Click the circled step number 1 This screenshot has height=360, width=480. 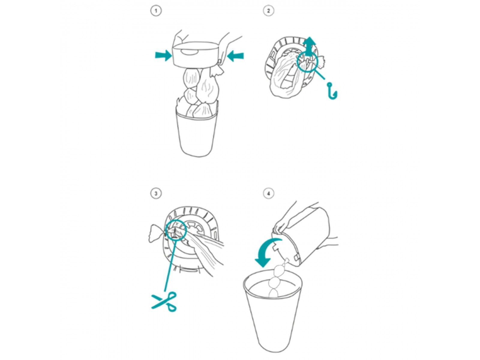156,11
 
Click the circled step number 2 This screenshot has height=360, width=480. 268,11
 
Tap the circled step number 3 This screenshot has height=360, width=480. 156,193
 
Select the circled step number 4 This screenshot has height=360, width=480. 268,193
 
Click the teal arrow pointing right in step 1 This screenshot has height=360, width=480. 163,55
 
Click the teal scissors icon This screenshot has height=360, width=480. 164,301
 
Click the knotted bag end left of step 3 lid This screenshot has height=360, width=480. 156,233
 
